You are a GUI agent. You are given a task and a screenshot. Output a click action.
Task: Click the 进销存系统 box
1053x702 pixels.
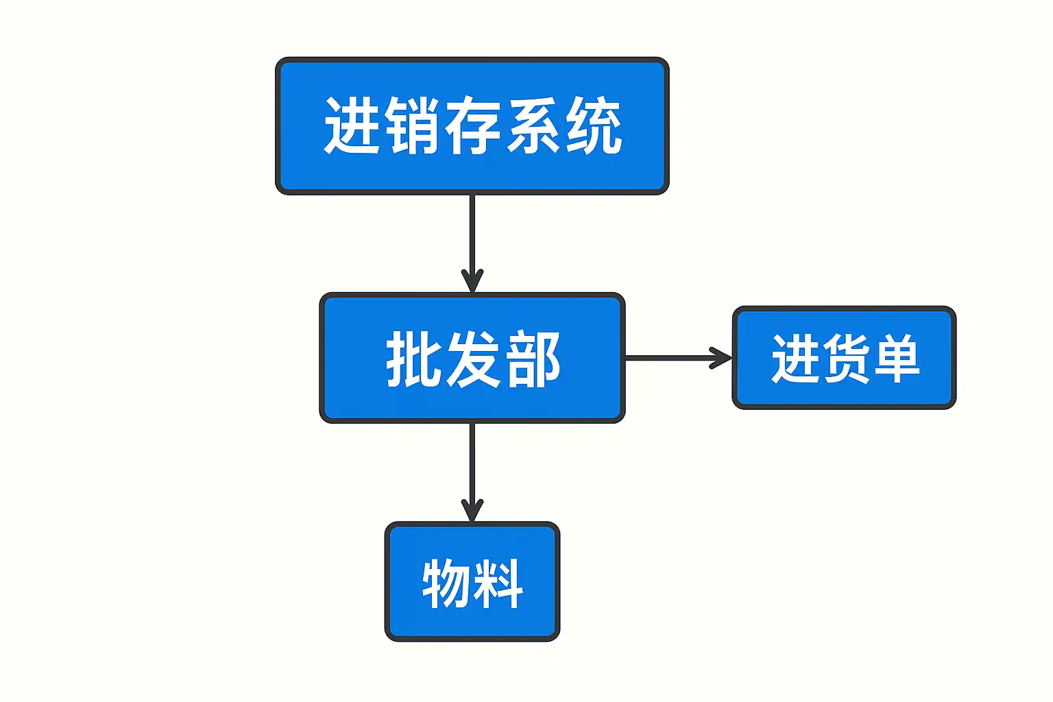click(x=472, y=126)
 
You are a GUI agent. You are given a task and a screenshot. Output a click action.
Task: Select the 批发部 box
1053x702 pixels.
click(x=472, y=358)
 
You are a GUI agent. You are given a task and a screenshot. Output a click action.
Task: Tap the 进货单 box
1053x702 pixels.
click(x=845, y=358)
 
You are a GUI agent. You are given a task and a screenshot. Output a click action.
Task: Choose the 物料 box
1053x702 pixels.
click(x=472, y=581)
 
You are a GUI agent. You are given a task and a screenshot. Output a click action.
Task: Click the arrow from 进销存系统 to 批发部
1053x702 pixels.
click(x=472, y=243)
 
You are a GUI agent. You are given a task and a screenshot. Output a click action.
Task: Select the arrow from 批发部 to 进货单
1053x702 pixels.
click(x=678, y=358)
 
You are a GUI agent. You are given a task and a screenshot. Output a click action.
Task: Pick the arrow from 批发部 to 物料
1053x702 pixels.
click(x=472, y=472)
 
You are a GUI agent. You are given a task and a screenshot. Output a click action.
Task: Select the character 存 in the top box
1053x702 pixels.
click(x=472, y=125)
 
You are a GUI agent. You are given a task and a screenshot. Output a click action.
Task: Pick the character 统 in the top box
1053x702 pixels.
click(x=594, y=125)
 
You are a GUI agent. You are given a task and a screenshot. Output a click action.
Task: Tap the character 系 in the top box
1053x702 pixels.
click(x=533, y=125)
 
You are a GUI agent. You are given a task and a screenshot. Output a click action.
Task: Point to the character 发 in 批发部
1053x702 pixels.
click(x=473, y=359)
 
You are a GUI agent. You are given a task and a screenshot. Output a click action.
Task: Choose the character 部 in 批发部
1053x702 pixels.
click(x=533, y=359)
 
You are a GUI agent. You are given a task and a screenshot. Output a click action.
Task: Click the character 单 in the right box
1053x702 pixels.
click(x=895, y=359)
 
